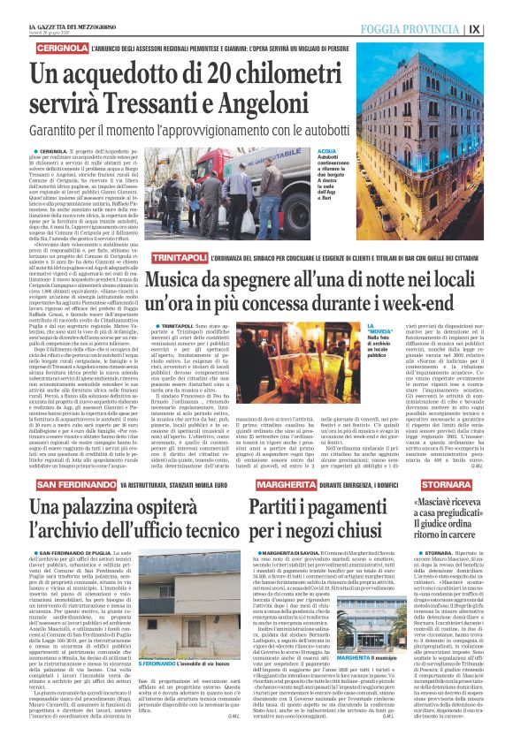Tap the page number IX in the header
(x=499, y=28)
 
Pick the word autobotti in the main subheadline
(x=317, y=129)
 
